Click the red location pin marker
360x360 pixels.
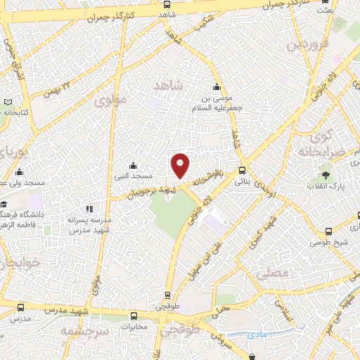[181, 165]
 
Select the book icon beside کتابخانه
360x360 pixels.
[8, 102]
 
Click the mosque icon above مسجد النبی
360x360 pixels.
[133, 165]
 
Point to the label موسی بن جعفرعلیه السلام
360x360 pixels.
[217, 103]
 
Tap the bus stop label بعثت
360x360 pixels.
[324, 10]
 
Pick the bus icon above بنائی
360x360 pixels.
[243, 169]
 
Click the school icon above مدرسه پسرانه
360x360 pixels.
[89, 209]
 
